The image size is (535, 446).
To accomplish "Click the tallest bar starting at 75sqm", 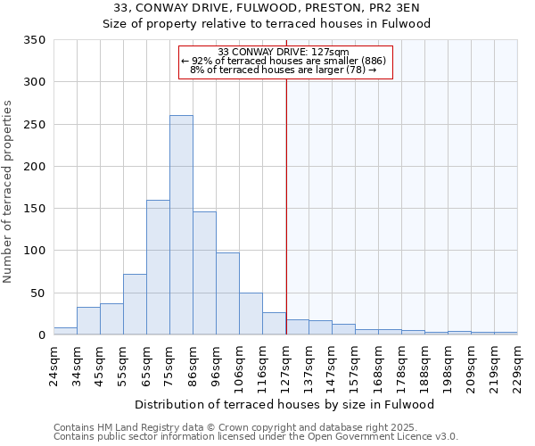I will tap(181, 225).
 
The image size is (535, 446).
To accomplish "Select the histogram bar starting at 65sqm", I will tap(158, 268).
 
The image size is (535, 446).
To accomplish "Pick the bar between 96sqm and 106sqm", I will tap(227, 293).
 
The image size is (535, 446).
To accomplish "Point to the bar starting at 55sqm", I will tap(135, 304).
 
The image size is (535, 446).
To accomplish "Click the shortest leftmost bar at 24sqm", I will tap(65, 331).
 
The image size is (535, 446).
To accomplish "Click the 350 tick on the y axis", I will tap(35, 40).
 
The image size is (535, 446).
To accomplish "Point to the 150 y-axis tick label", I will tap(35, 209).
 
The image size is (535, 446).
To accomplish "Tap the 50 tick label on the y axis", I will tap(38, 293).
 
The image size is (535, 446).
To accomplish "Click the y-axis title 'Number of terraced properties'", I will tap(9, 192).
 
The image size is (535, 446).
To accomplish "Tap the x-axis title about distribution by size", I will tap(285, 404).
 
